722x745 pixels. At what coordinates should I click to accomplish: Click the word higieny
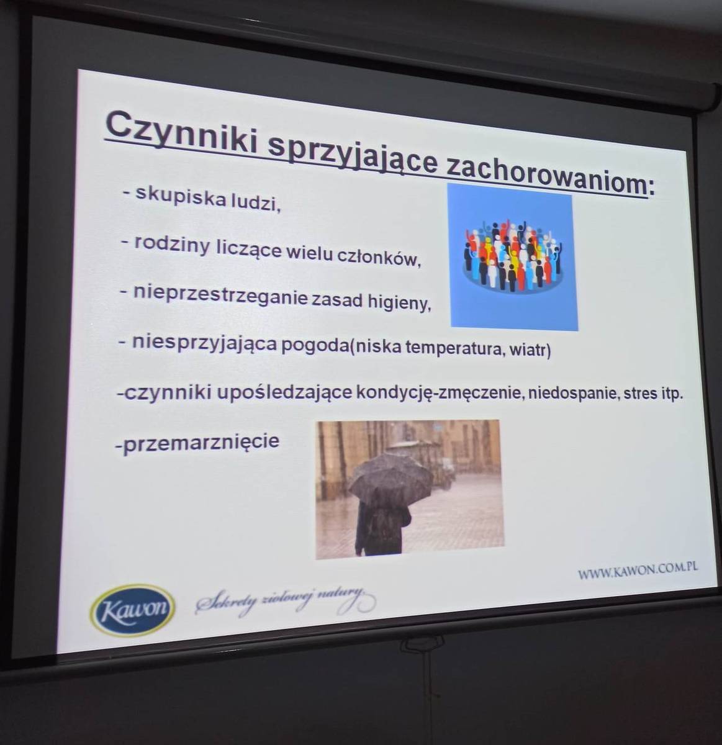coord(399,302)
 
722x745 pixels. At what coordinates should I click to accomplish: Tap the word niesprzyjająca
coord(204,342)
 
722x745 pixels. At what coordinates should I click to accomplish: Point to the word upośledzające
coord(284,392)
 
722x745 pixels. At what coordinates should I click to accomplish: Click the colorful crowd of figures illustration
coord(513,257)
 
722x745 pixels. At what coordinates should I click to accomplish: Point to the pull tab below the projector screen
coord(422,644)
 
